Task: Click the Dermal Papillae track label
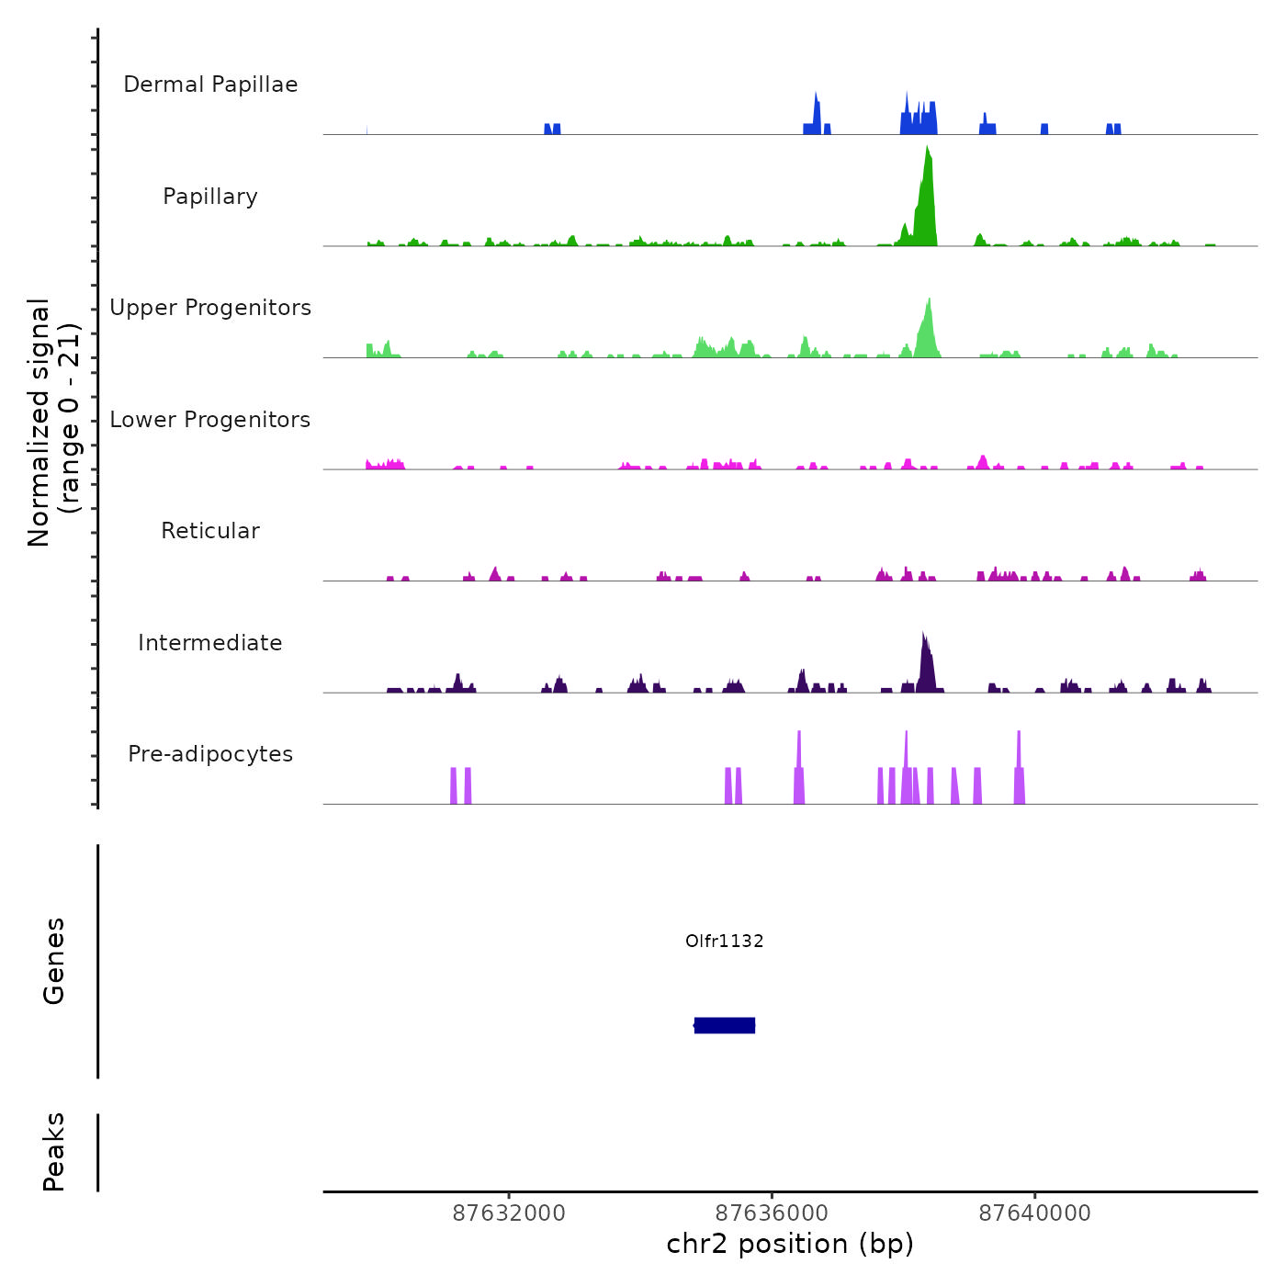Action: click(210, 85)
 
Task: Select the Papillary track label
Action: click(210, 197)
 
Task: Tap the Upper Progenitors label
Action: click(210, 308)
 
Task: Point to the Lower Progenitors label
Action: click(210, 420)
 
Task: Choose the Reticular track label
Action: click(210, 531)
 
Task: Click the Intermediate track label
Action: click(210, 643)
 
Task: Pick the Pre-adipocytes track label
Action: click(210, 754)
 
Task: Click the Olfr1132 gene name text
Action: click(725, 941)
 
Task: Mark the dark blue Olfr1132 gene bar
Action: click(725, 1025)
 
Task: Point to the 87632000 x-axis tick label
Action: click(510, 1213)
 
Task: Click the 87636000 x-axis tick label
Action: click(772, 1213)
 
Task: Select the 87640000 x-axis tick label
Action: click(1035, 1213)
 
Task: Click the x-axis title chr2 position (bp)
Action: click(790, 1244)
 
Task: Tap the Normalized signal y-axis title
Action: click(53, 423)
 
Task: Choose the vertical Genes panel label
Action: click(54, 961)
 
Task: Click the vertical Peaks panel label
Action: click(54, 1152)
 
